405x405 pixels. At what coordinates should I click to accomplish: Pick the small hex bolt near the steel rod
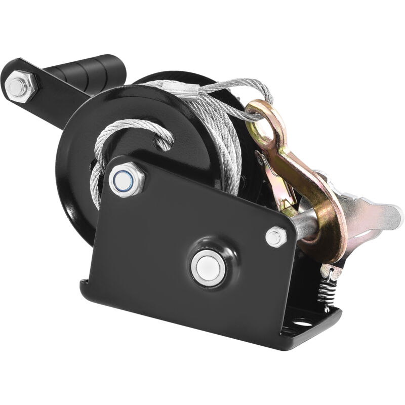(x=276, y=236)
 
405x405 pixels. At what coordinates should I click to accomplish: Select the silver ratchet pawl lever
(x=375, y=213)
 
